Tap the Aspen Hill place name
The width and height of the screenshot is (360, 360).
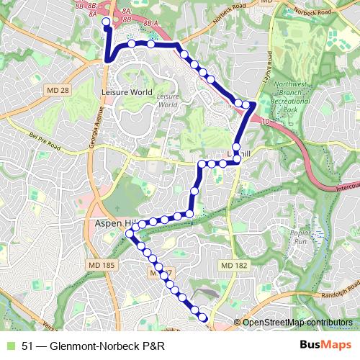(109, 225)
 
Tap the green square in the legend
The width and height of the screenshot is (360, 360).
(8, 345)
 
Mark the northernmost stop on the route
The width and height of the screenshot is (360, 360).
(106, 22)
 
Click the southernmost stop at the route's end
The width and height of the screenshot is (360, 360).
(203, 318)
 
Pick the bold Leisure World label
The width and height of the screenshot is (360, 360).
(127, 92)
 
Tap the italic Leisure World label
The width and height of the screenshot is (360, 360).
(167, 100)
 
